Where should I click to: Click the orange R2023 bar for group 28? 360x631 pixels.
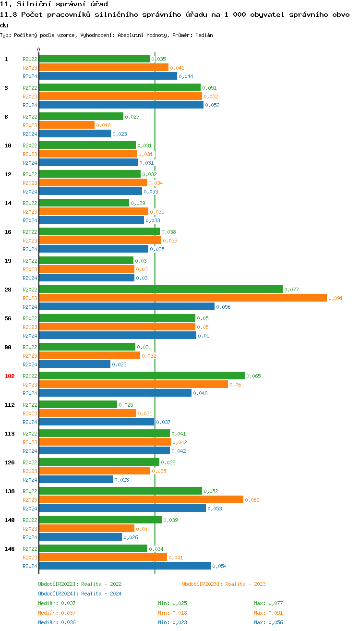click(x=182, y=298)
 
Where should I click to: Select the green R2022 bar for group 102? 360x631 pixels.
click(x=142, y=376)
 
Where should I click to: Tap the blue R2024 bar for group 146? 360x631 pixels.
click(x=125, y=566)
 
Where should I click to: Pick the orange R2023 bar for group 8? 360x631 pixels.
click(x=67, y=125)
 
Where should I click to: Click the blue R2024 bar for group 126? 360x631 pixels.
click(x=76, y=480)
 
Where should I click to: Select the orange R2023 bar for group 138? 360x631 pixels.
click(x=141, y=500)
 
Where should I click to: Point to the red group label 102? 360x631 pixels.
click(x=10, y=376)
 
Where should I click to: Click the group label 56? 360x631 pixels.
click(x=8, y=318)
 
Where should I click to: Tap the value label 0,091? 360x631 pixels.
click(x=336, y=299)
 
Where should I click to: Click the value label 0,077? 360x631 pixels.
click(x=291, y=290)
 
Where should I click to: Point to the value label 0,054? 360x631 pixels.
click(x=219, y=567)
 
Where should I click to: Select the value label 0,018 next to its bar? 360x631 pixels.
click(x=103, y=126)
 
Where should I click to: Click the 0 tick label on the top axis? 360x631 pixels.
click(x=39, y=49)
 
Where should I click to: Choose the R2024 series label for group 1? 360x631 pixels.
click(x=30, y=76)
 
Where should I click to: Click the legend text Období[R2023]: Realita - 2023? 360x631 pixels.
click(x=224, y=584)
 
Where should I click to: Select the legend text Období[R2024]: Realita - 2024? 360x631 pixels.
click(x=80, y=594)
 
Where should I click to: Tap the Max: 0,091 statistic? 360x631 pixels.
click(x=268, y=613)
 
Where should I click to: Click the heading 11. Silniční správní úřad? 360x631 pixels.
click(x=50, y=4)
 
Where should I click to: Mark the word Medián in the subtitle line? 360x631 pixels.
click(x=204, y=36)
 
